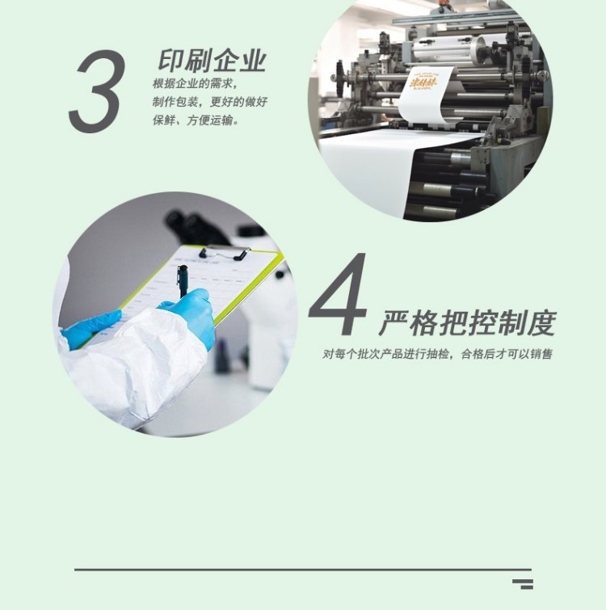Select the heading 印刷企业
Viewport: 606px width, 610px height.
pyautogui.click(x=213, y=61)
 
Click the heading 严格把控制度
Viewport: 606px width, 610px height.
pyautogui.click(x=467, y=323)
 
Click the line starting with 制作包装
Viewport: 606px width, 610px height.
pyautogui.click(x=209, y=103)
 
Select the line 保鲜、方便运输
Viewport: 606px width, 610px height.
pyautogui.click(x=196, y=121)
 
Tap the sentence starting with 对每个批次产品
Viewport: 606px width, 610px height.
pyautogui.click(x=437, y=354)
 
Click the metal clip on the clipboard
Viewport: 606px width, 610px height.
pyautogui.click(x=223, y=253)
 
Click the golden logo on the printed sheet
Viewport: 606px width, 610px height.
pyautogui.click(x=423, y=84)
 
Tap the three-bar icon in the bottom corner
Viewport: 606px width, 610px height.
pyautogui.click(x=523, y=583)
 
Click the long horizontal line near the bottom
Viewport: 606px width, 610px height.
pyautogui.click(x=302, y=570)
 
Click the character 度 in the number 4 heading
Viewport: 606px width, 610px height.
pyautogui.click(x=541, y=323)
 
